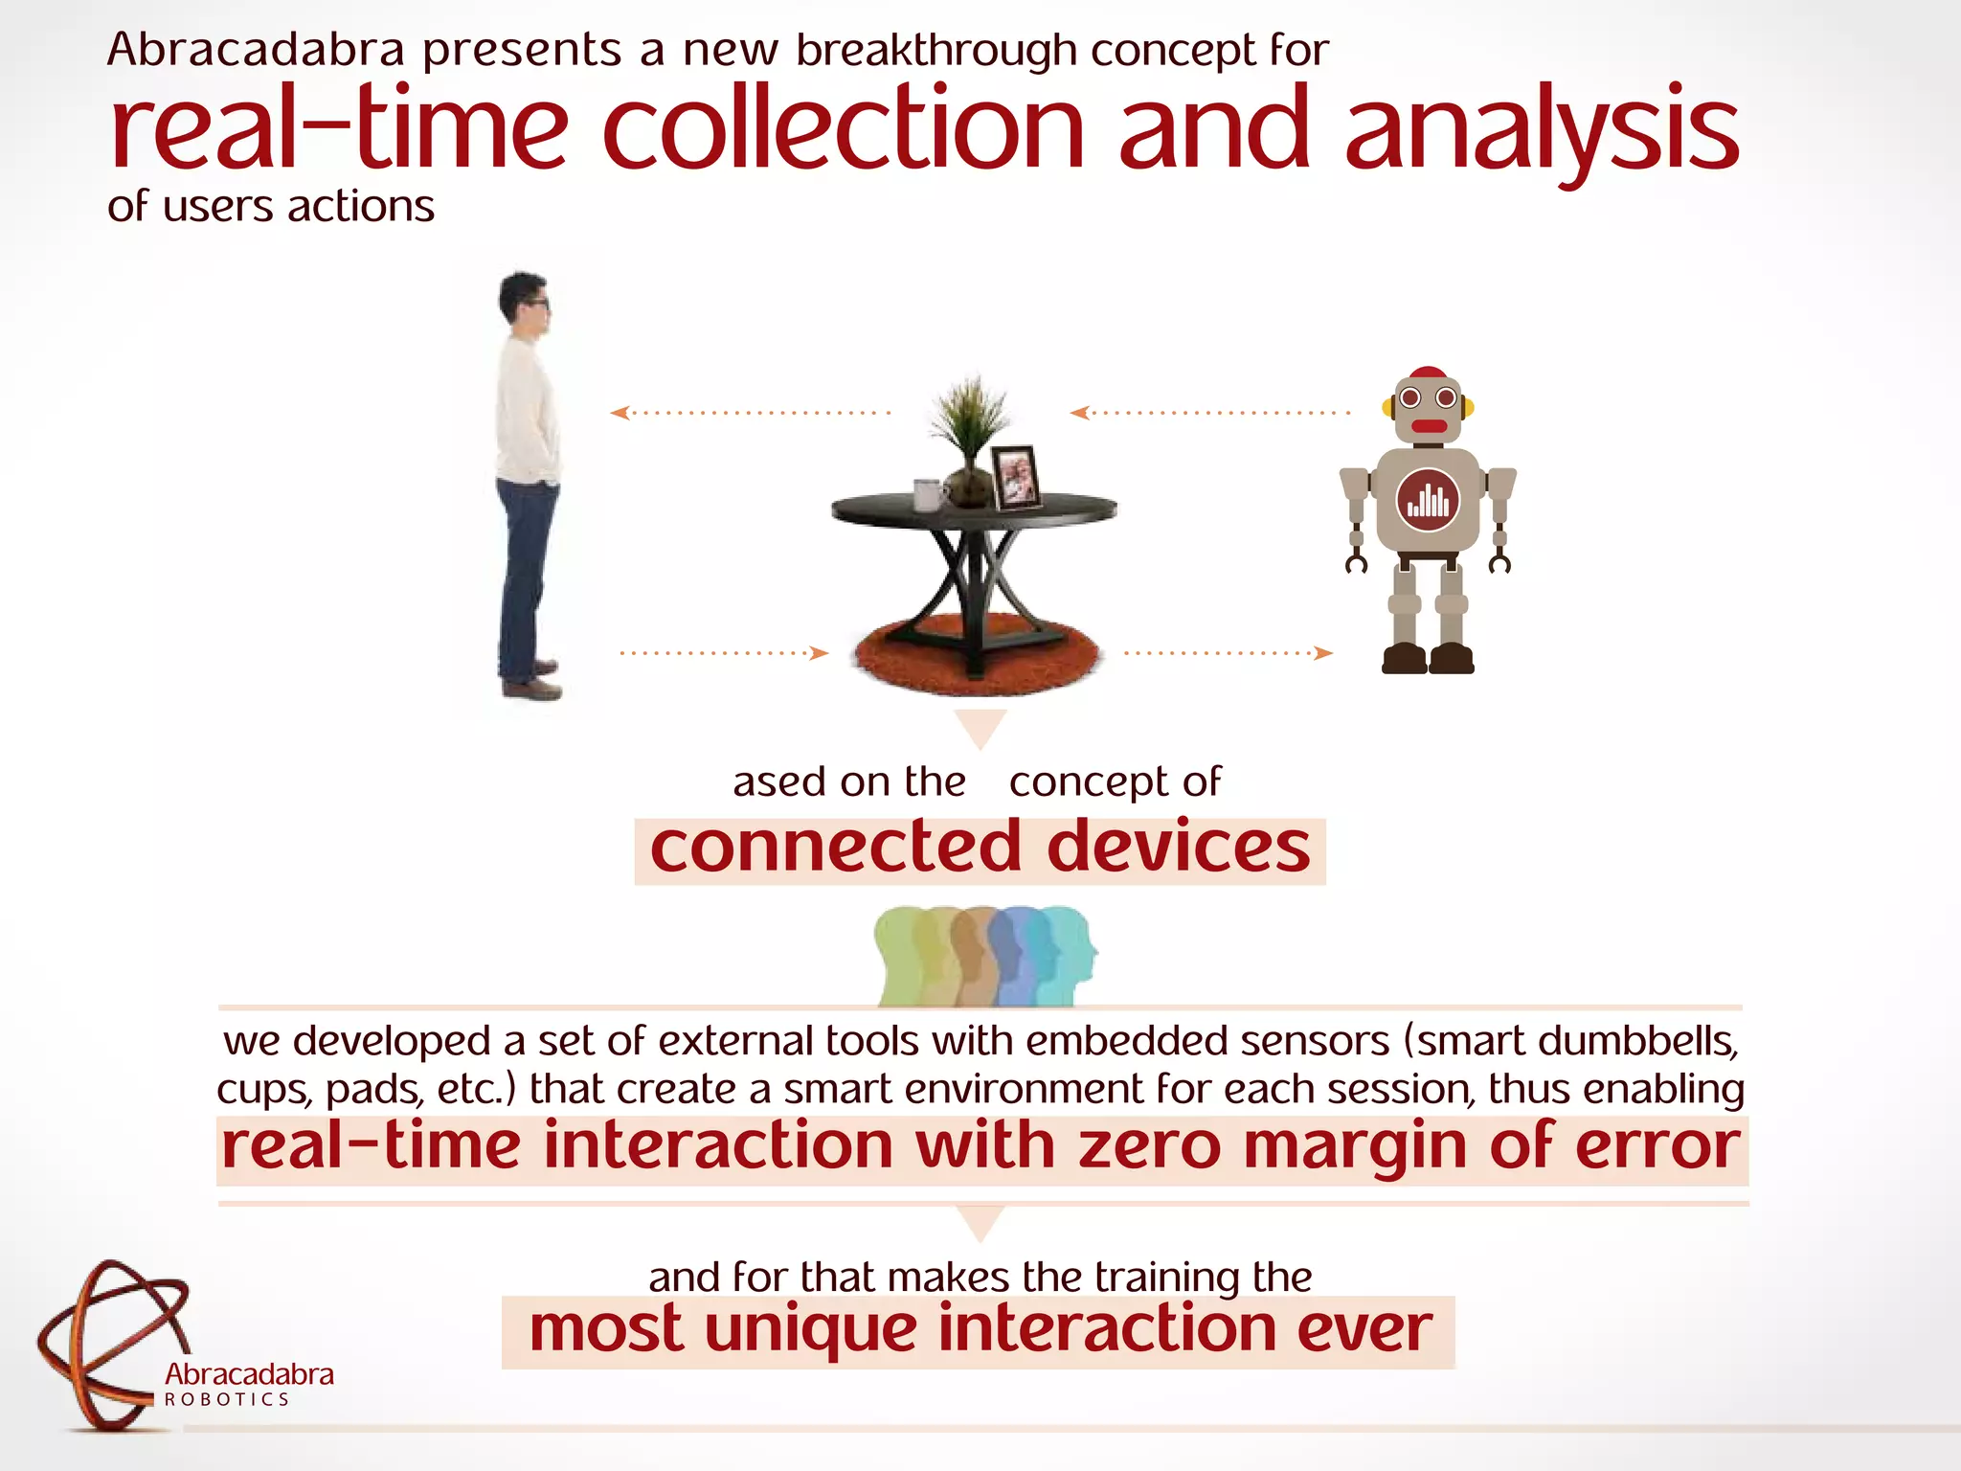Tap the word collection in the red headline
click(x=843, y=129)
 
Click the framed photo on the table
click(x=1015, y=476)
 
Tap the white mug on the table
click(x=928, y=494)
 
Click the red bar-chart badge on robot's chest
click(x=1428, y=500)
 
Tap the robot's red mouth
click(x=1429, y=426)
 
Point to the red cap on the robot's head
click(x=1428, y=373)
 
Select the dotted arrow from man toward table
click(x=724, y=653)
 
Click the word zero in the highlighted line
click(x=1149, y=1146)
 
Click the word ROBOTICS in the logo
click(x=227, y=1399)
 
